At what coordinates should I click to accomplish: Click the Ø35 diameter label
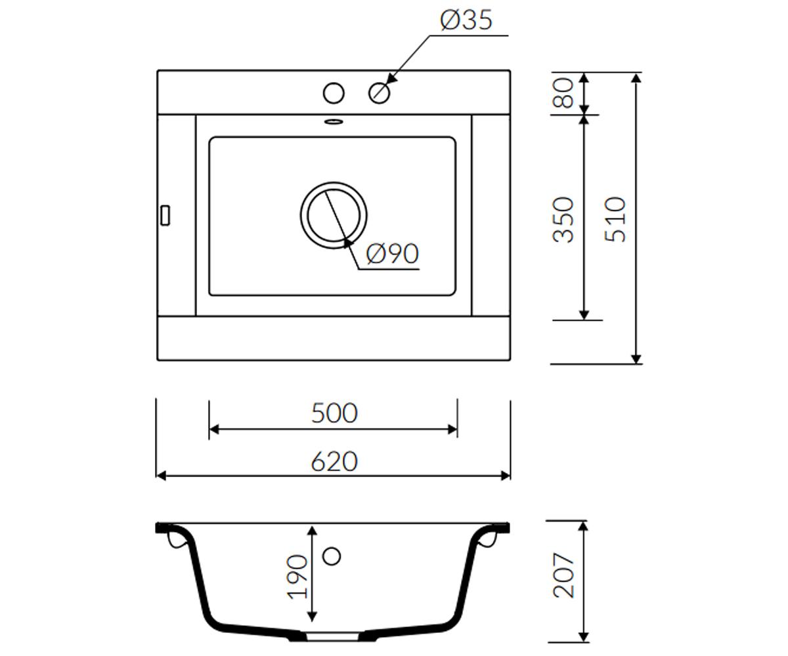(x=466, y=20)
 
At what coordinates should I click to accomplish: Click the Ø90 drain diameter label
(x=393, y=253)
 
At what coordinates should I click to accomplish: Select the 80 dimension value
(x=563, y=92)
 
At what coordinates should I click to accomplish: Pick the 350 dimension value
(x=563, y=219)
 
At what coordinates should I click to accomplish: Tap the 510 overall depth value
(x=615, y=219)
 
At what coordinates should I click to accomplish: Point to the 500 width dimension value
(x=334, y=413)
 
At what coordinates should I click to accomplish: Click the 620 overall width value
(x=334, y=461)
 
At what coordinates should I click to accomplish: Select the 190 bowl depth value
(x=297, y=577)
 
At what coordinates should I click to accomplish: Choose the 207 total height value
(x=563, y=575)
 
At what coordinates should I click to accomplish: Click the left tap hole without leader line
(x=334, y=92)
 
